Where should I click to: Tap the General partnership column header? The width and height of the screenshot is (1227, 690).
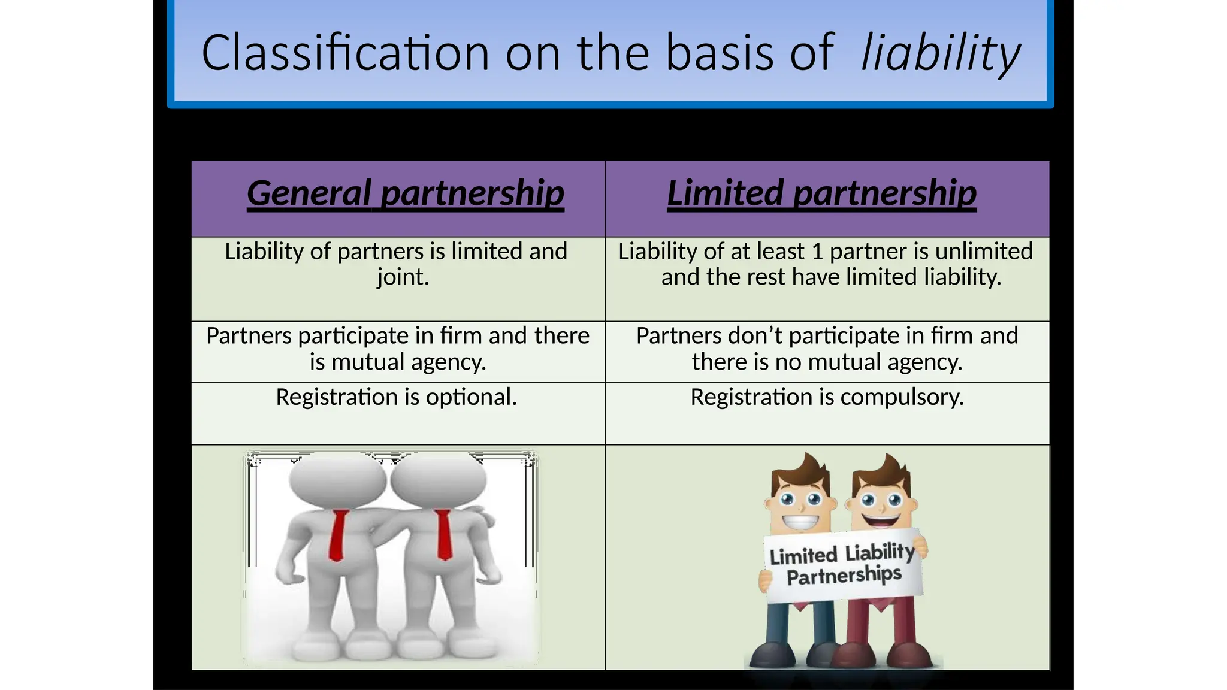(x=405, y=193)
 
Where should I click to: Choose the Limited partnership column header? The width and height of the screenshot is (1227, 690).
(x=821, y=193)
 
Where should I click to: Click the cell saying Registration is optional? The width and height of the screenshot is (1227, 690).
(x=396, y=397)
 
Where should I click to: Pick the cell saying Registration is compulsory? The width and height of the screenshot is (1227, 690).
(x=827, y=397)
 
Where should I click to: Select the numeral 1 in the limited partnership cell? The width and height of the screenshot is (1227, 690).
(x=817, y=252)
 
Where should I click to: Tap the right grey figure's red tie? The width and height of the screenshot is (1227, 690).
(x=443, y=534)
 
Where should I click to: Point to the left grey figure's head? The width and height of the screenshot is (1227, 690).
(x=337, y=480)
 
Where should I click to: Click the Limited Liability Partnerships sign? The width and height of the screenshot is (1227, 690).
(x=844, y=564)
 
